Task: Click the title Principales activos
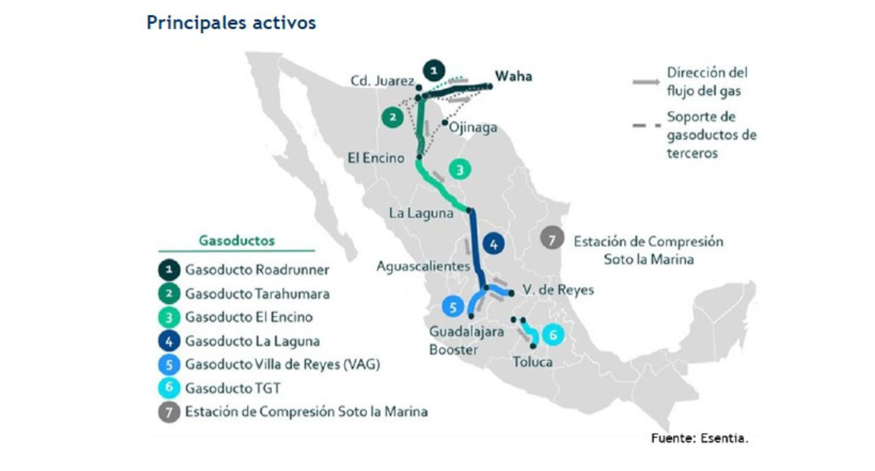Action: [231, 23]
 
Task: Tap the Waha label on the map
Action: [513, 76]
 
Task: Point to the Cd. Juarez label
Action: [382, 81]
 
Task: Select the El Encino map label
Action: [376, 159]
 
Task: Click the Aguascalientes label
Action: [423, 266]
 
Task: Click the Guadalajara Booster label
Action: [454, 340]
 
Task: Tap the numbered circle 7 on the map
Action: [551, 239]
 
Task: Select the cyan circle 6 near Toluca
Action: [552, 334]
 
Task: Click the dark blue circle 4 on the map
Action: [493, 245]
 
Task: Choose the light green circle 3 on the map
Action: [459, 170]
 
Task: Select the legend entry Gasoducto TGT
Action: [233, 388]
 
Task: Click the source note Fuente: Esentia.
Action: [699, 438]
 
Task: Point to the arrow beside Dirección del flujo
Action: [645, 82]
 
